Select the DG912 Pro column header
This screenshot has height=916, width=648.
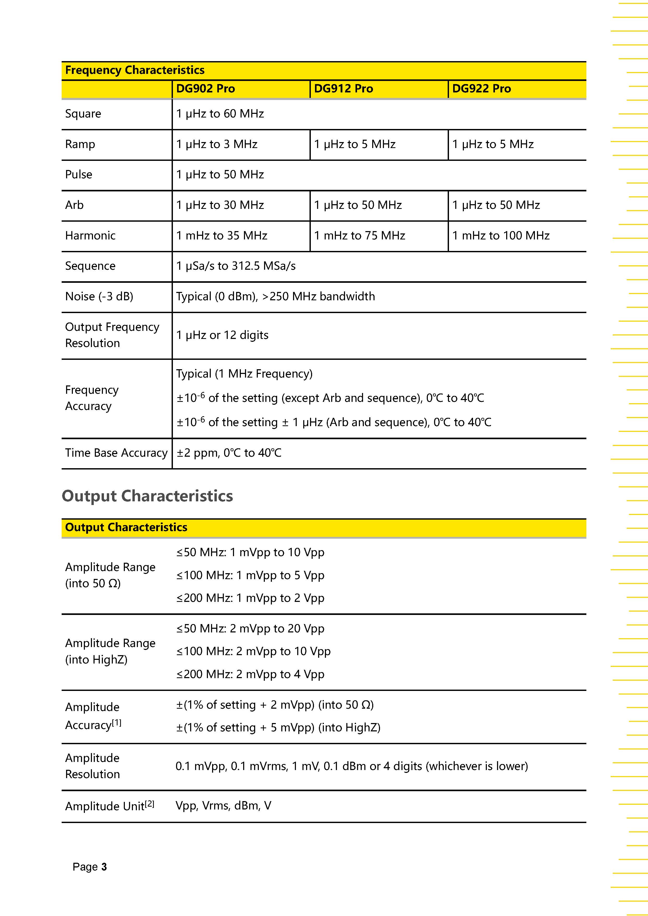[x=343, y=89]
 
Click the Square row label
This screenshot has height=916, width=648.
[x=83, y=114]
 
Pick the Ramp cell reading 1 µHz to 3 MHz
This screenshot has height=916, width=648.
[x=217, y=144]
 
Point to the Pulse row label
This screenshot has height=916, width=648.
[x=79, y=174]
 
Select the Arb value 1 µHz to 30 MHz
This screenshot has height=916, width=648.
[x=220, y=205]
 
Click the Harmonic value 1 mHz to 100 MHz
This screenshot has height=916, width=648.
[x=501, y=235]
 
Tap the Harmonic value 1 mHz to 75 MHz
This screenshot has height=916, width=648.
[x=359, y=235]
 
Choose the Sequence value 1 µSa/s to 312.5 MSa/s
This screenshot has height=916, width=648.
[x=236, y=266]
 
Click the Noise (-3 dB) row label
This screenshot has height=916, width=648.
[x=99, y=296]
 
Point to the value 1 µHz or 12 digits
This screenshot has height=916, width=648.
[x=222, y=335]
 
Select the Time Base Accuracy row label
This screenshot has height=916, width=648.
[x=116, y=453]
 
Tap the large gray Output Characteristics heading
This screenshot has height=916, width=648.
[x=147, y=496]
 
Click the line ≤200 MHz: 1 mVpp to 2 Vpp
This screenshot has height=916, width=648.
[x=250, y=598]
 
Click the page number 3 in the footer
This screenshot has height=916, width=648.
[x=104, y=867]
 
